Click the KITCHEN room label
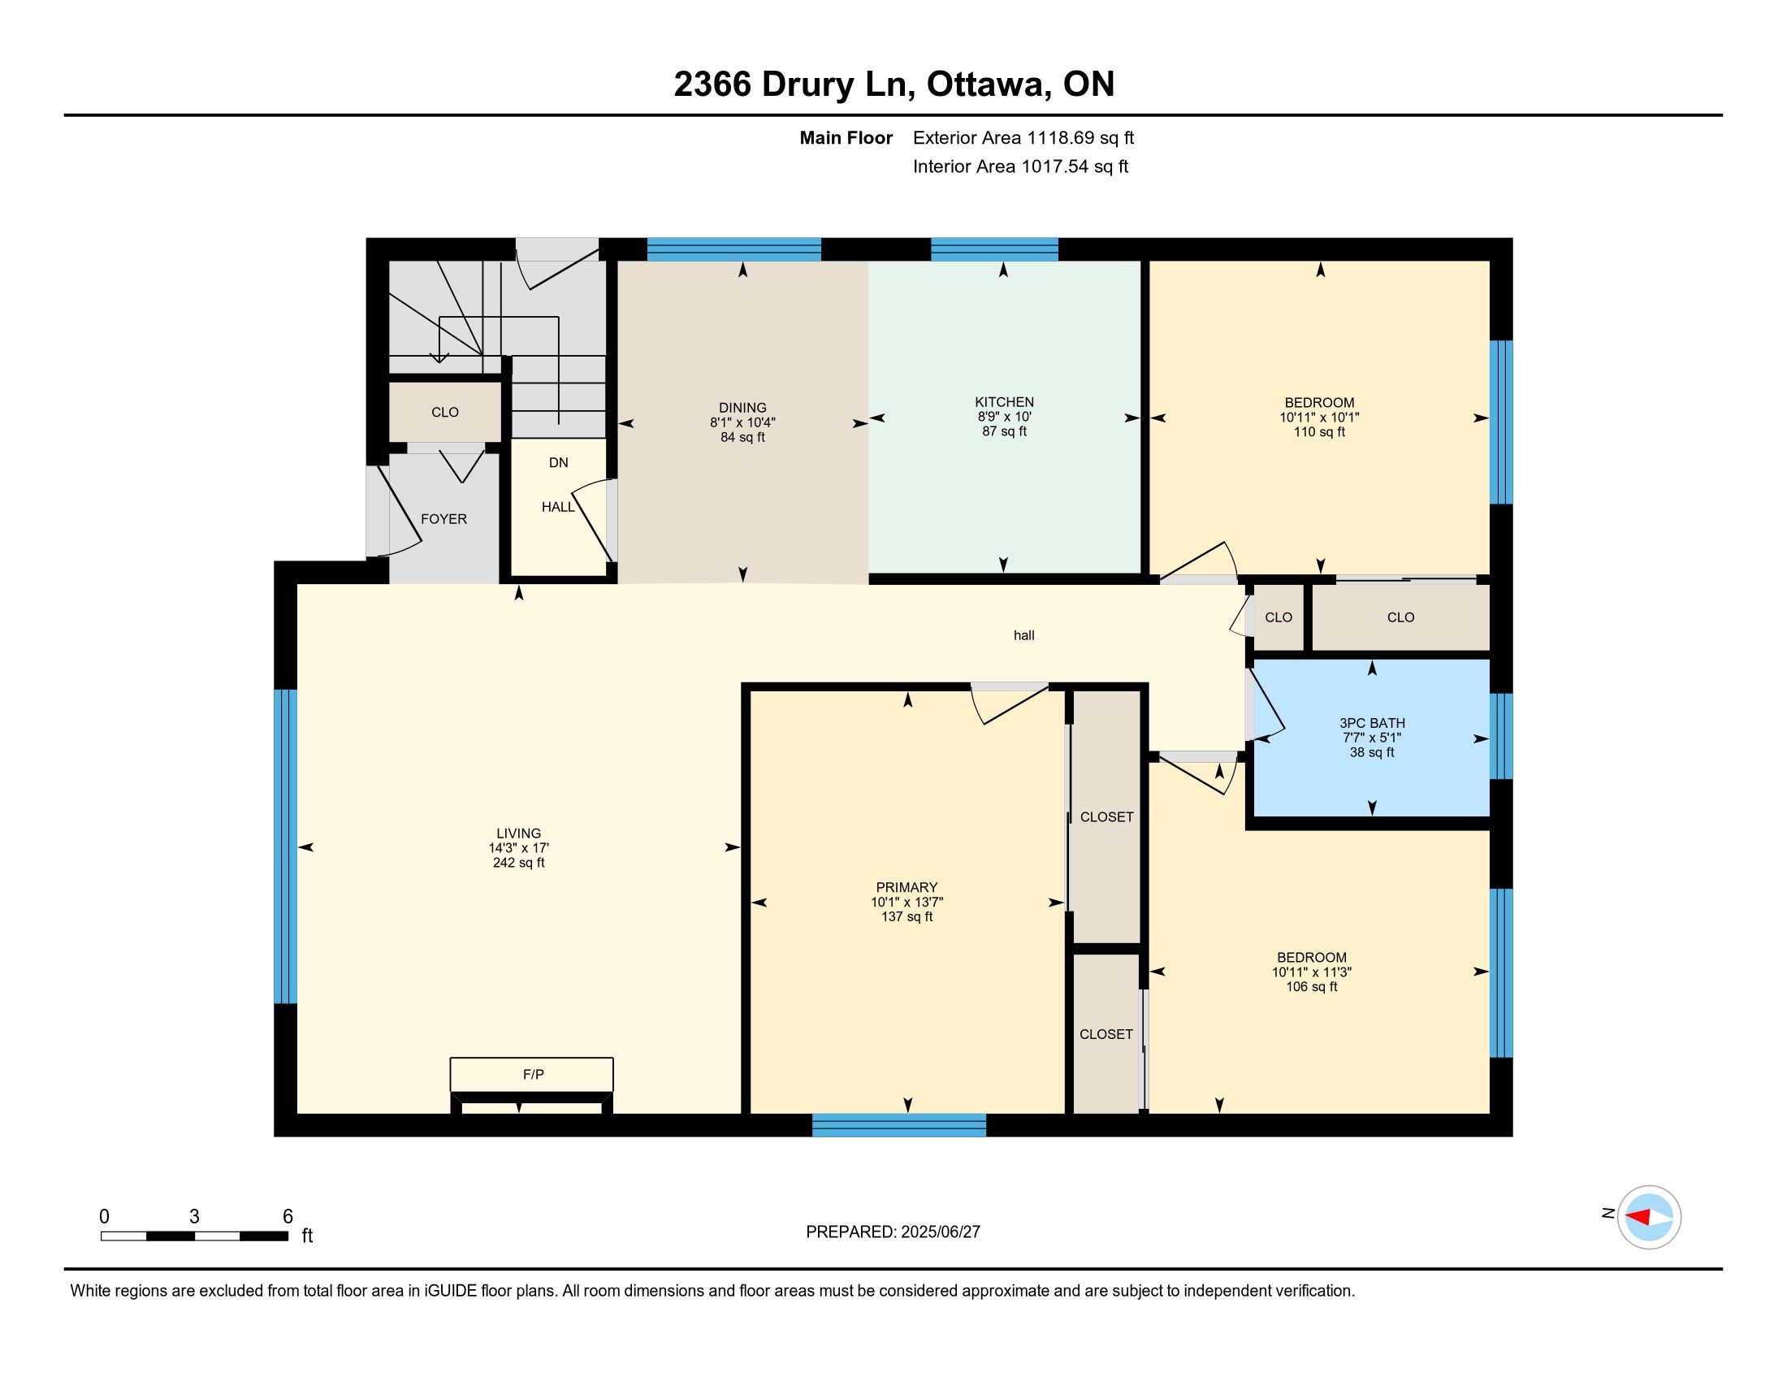[1004, 402]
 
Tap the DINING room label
[742, 409]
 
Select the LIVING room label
[518, 833]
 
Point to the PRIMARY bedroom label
[906, 888]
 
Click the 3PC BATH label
[1372, 723]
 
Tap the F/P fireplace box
[532, 1074]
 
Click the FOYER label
[444, 520]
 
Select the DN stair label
[558, 463]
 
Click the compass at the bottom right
[1649, 1218]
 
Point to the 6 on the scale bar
[288, 1217]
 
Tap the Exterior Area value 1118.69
[1060, 138]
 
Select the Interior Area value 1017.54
[1055, 167]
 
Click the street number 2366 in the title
[712, 84]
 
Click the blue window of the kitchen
[994, 249]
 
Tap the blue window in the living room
[285, 846]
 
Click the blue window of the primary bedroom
[899, 1125]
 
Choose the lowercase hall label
[1023, 636]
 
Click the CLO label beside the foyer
[444, 413]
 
